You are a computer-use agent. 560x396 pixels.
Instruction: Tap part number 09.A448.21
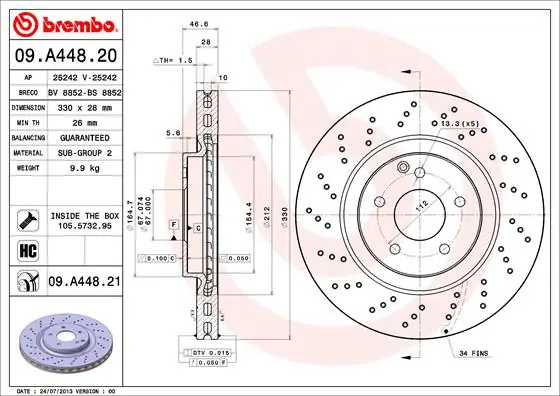pos(84,283)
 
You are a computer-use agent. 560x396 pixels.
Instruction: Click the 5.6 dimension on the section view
pos(173,132)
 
